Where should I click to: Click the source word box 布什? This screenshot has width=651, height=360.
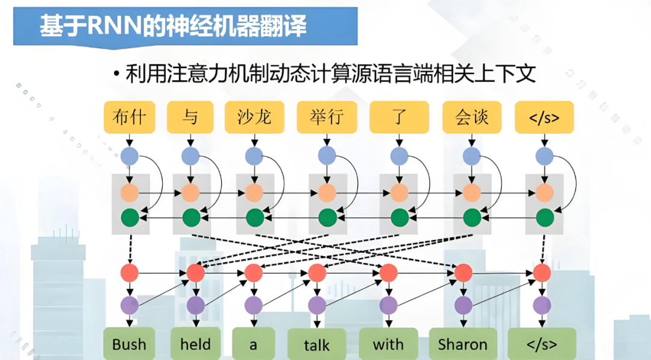(130, 117)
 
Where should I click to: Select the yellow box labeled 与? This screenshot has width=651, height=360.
(190, 117)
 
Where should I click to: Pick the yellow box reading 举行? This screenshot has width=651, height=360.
(327, 117)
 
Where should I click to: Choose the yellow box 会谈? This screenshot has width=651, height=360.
(472, 117)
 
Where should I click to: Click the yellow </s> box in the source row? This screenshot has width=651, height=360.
(544, 117)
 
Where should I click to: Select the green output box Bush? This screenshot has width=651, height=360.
(129, 344)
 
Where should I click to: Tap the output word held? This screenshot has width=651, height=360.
(195, 344)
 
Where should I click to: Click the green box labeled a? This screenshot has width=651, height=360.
(253, 344)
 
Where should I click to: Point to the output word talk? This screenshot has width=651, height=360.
(317, 344)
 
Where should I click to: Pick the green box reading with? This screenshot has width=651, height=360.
(388, 344)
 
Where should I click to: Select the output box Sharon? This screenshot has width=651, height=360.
(463, 344)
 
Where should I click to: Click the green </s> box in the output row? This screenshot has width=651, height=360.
(542, 344)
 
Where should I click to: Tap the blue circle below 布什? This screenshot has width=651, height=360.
(130, 157)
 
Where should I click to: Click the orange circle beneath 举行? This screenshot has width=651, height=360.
(327, 193)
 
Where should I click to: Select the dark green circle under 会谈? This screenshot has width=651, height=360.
(472, 216)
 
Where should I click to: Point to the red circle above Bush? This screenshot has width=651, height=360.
(130, 273)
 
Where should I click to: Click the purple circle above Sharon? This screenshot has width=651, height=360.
(463, 305)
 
